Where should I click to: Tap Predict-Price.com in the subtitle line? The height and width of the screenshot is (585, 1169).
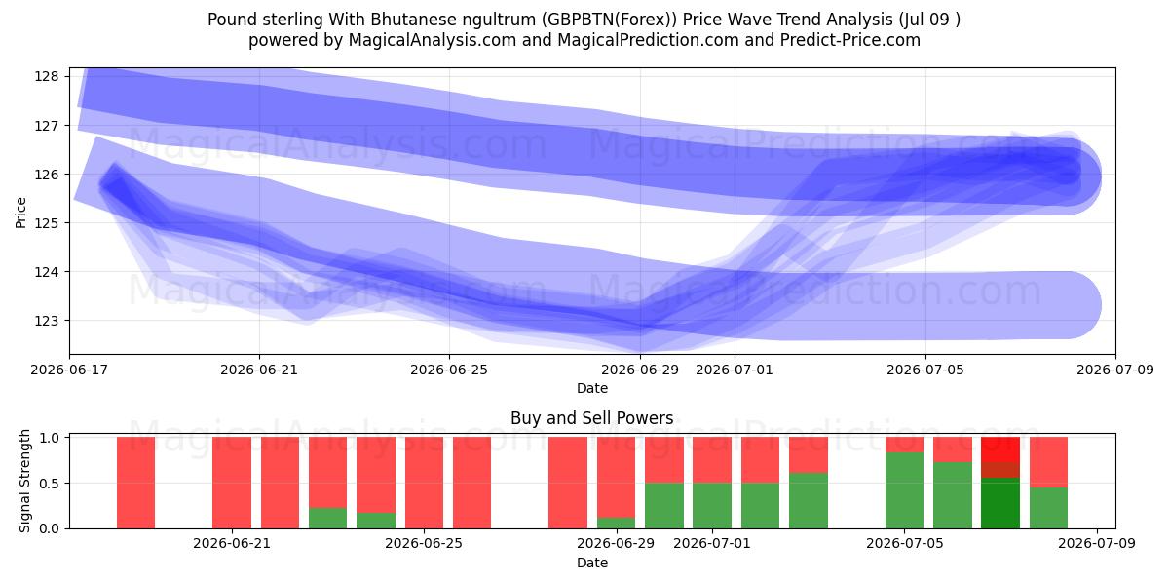click(x=850, y=40)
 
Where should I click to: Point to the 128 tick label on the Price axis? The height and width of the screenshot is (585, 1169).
click(x=47, y=77)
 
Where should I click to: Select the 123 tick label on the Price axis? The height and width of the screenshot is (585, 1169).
click(x=47, y=321)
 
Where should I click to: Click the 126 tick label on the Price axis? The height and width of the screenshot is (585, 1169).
click(x=47, y=175)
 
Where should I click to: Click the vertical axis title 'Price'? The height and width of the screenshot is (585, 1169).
click(x=20, y=213)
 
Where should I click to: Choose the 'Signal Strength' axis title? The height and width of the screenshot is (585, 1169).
click(x=24, y=481)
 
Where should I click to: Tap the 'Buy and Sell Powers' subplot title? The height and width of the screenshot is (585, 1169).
click(x=592, y=418)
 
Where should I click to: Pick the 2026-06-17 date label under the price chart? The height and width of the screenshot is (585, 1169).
click(x=69, y=370)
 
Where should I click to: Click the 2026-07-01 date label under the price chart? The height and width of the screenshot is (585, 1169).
click(x=735, y=370)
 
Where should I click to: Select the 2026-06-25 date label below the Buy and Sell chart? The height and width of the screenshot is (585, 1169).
click(x=424, y=544)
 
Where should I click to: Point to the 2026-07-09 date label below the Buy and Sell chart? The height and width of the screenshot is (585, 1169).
click(x=1097, y=544)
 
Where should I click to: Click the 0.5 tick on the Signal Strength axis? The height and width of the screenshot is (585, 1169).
click(x=49, y=484)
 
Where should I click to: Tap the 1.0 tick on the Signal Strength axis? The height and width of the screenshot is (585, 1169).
click(x=49, y=437)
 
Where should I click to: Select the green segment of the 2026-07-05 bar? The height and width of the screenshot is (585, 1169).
click(x=904, y=490)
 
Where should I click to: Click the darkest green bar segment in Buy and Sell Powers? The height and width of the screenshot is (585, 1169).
click(x=1000, y=503)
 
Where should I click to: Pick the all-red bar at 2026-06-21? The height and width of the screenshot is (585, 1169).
click(x=232, y=483)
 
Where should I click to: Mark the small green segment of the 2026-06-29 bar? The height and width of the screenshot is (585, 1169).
click(x=617, y=523)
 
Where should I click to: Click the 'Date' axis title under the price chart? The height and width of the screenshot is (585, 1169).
click(x=592, y=389)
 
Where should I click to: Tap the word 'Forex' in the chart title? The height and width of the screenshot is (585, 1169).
click(x=649, y=19)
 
